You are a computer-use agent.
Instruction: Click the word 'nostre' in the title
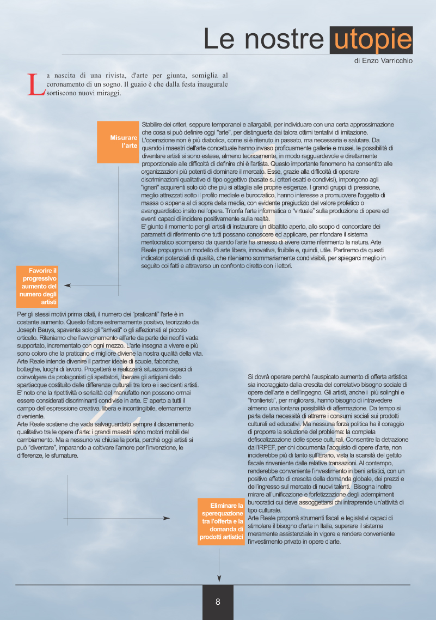coord(284,39)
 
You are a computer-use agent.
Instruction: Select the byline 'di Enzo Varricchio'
coord(383,60)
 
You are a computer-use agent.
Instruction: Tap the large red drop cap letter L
coord(35,85)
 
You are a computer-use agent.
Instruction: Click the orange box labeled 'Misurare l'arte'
coord(118,142)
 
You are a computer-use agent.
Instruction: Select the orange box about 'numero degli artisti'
coord(37,286)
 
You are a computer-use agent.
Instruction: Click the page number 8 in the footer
coord(218,602)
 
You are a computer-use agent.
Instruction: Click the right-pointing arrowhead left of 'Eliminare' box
coord(167,518)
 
